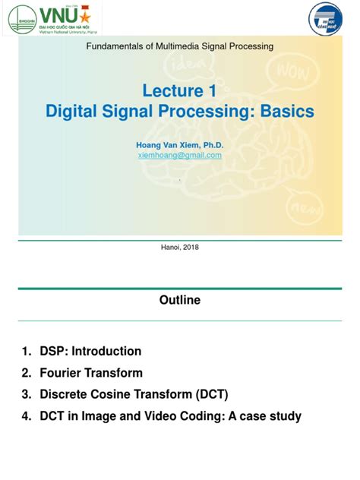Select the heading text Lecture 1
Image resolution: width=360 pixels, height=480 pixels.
(179, 91)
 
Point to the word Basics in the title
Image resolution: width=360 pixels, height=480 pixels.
(287, 111)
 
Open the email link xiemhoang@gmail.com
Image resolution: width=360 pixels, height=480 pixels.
(179, 154)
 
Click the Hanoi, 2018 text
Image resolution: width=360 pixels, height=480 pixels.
(180, 247)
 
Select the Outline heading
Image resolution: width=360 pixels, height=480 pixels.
(180, 300)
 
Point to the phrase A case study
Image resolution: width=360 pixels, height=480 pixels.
(264, 416)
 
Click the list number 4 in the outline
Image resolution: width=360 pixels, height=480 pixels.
(25, 416)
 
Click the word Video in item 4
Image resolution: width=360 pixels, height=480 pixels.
(162, 416)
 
